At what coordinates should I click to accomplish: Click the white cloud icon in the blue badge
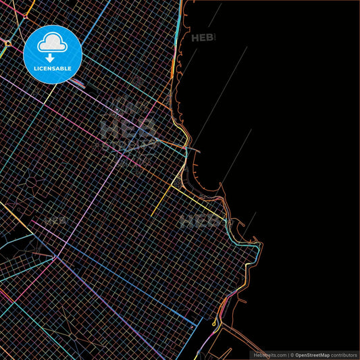(x=53, y=43)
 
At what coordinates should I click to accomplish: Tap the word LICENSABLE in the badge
(x=53, y=68)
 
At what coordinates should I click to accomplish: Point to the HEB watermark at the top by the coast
(x=204, y=38)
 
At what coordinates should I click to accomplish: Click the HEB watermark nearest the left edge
(x=55, y=220)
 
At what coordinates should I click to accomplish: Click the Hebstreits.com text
(x=268, y=355)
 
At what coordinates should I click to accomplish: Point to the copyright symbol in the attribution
(x=292, y=355)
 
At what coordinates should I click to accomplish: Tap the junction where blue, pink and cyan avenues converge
(x=57, y=257)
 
